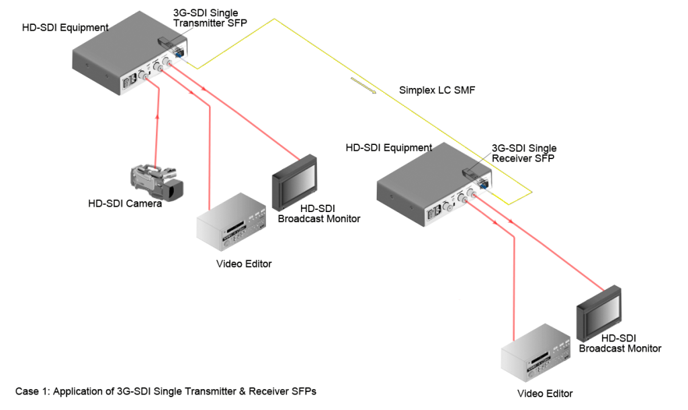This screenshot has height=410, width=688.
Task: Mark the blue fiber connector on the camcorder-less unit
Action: click(484, 182)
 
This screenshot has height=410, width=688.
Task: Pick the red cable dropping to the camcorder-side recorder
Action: click(210, 154)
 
